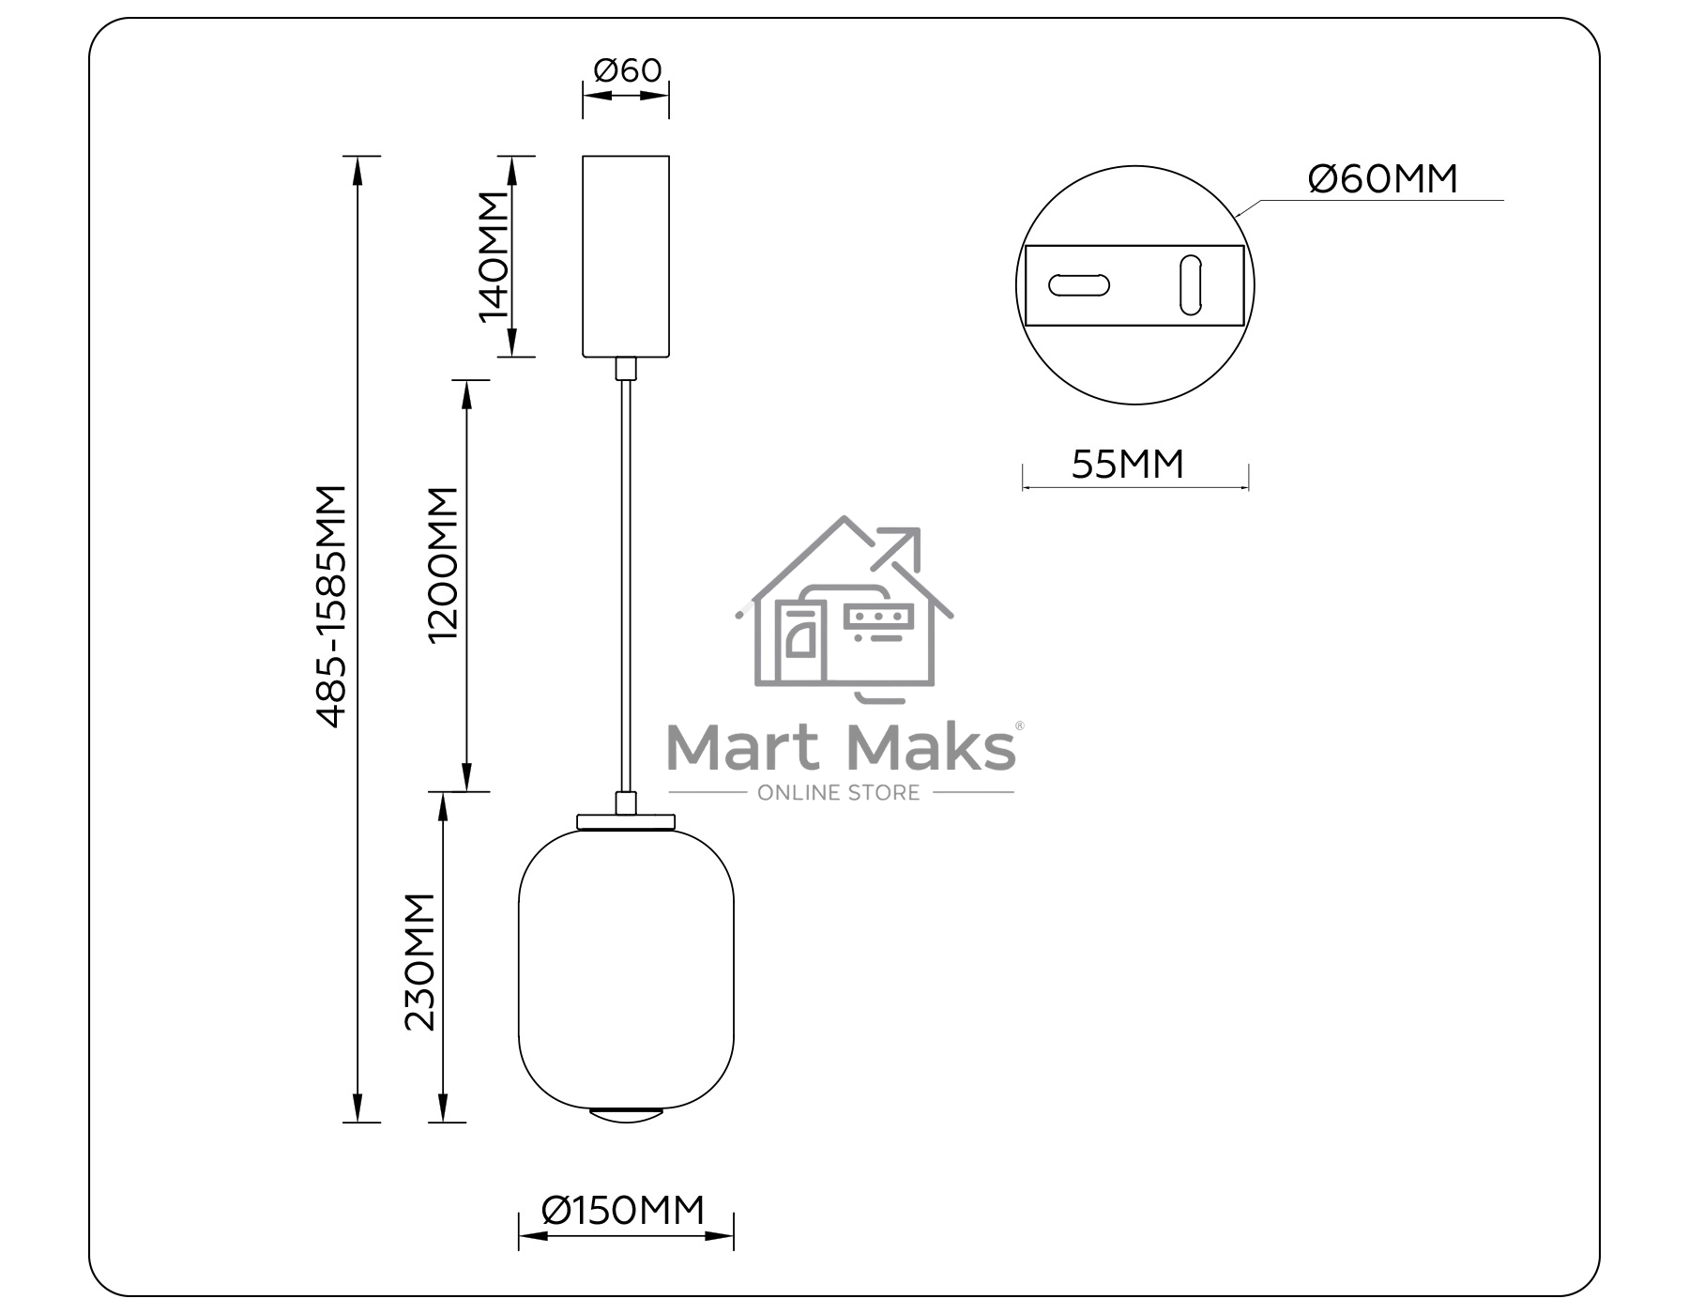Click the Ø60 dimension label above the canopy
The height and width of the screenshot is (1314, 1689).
[x=627, y=70]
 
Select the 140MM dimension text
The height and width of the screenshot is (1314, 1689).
[x=494, y=256]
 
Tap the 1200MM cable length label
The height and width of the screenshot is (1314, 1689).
[x=443, y=564]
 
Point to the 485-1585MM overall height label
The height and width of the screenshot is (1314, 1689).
[x=332, y=606]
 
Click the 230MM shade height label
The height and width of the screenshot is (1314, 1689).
[x=420, y=962]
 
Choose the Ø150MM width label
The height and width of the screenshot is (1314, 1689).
[x=623, y=1210]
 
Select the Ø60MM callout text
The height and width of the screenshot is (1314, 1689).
[x=1383, y=178]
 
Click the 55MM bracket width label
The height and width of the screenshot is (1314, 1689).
[x=1128, y=465]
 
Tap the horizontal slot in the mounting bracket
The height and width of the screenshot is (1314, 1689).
[x=1079, y=285]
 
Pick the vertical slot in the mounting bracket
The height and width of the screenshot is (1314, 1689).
[x=1191, y=284]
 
